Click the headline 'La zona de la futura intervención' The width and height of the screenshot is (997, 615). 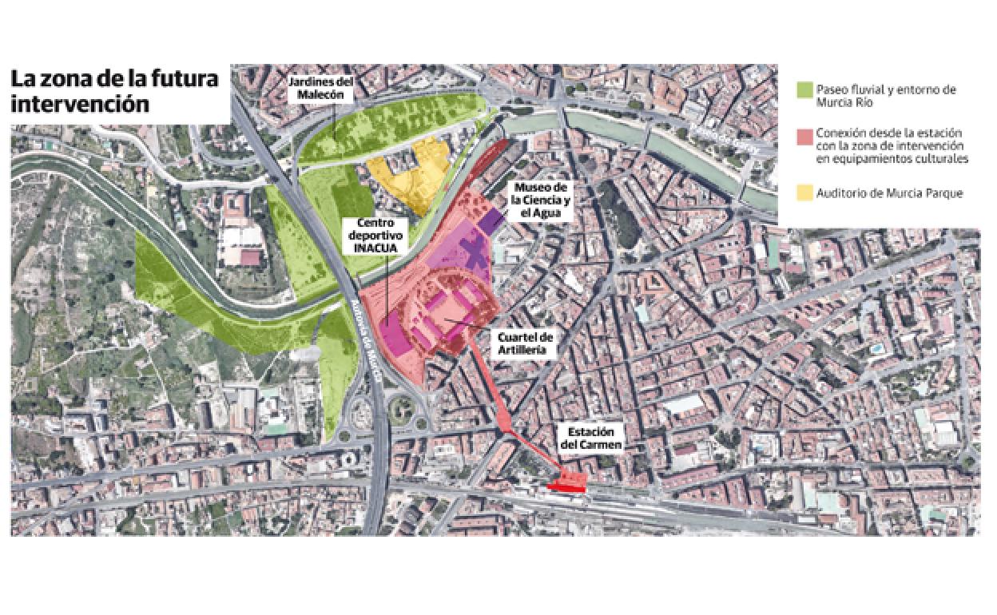[x=113, y=92]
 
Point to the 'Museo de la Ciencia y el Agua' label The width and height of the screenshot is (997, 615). [x=536, y=200]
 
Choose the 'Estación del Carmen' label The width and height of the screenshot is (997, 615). [x=590, y=437]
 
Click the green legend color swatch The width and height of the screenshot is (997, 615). [x=804, y=89]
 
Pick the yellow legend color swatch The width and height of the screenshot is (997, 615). [x=804, y=193]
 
